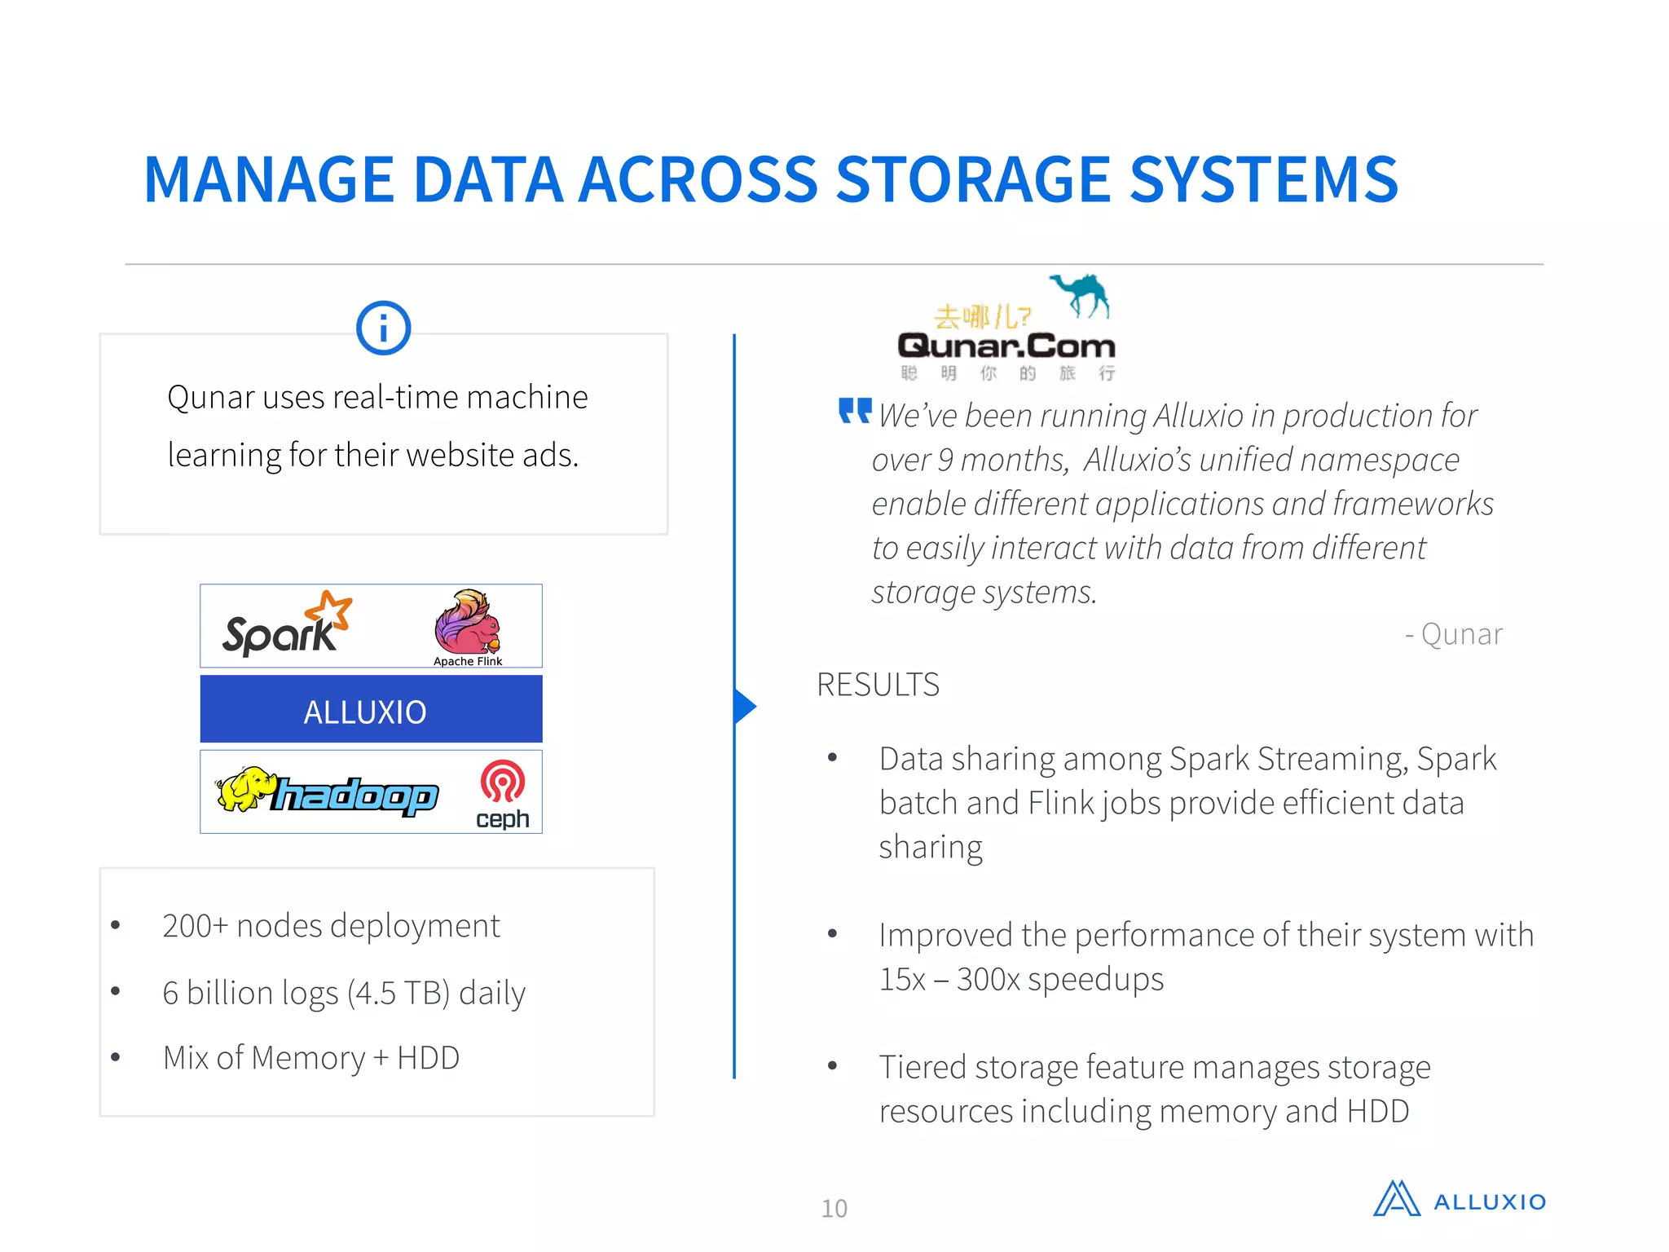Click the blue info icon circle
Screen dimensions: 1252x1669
[383, 328]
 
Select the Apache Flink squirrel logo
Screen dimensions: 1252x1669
[468, 621]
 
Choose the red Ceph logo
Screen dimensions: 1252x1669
[502, 792]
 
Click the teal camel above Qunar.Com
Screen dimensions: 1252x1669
[1081, 294]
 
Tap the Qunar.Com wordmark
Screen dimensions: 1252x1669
[1006, 346]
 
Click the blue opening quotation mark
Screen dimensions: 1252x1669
[855, 411]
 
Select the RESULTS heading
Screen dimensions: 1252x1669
[878, 685]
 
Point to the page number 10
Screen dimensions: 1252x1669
[834, 1208]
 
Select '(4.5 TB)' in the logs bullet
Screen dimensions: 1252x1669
[399, 994]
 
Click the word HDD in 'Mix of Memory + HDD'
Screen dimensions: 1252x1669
[428, 1058]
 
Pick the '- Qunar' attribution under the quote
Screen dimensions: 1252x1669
[1453, 634]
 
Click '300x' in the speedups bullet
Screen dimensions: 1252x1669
[988, 979]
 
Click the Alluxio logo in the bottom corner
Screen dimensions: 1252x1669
[1459, 1200]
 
